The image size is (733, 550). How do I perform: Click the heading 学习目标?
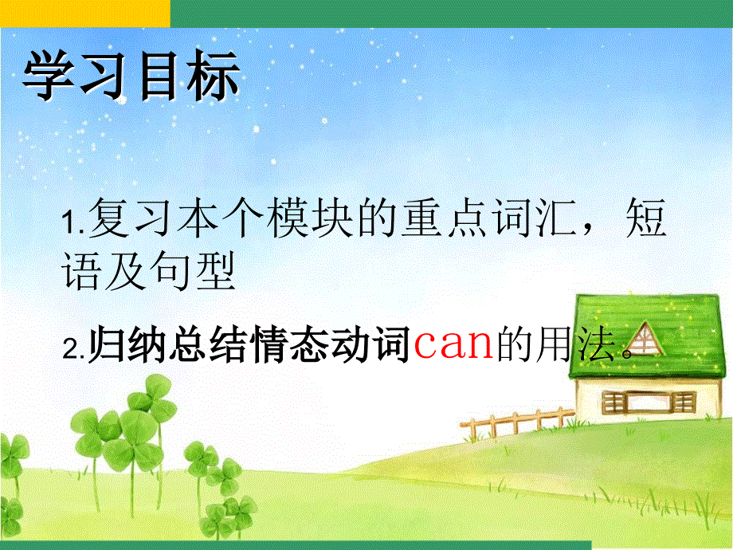131,77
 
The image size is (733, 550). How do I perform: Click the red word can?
453,347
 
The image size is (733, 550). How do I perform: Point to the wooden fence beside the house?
518,422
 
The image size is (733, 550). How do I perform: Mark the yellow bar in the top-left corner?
84,13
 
